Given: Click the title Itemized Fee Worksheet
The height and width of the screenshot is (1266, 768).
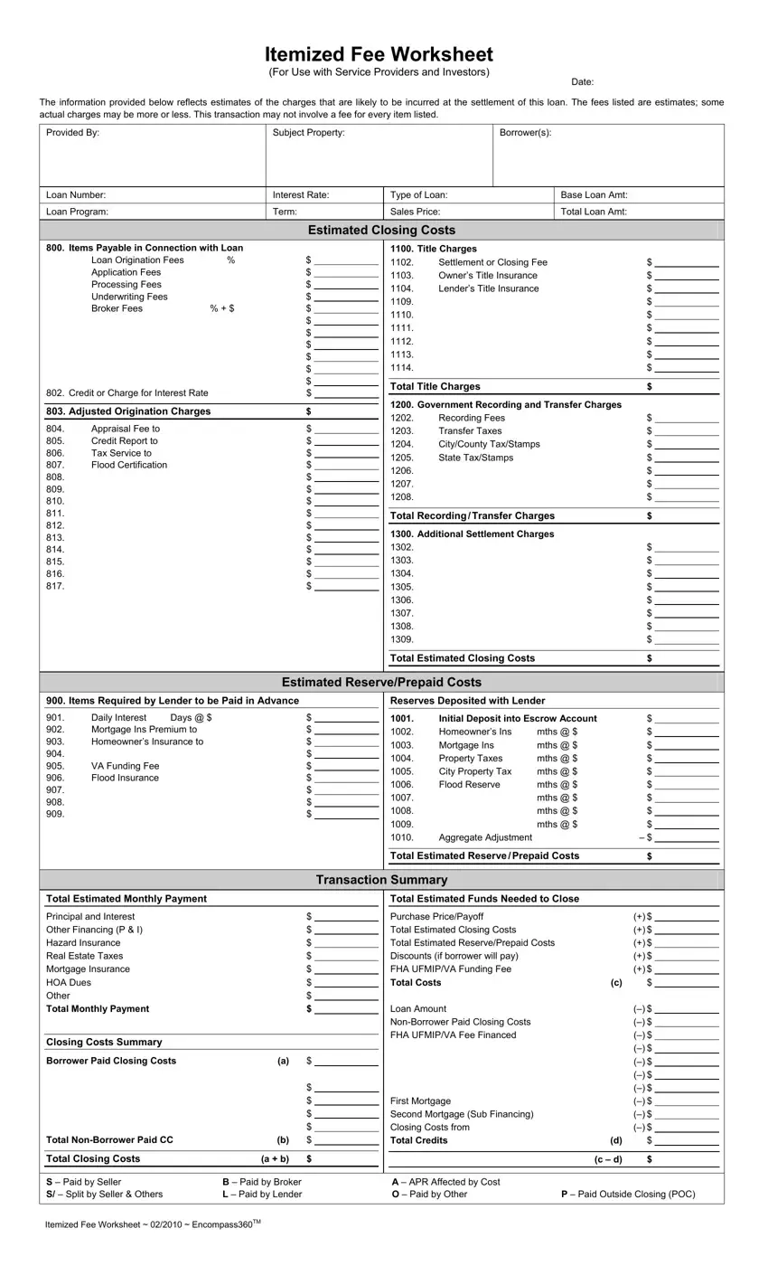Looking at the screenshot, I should pos(379,54).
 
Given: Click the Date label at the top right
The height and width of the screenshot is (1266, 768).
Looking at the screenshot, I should pos(582,82).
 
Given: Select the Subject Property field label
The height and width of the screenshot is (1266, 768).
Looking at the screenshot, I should pos(308,133).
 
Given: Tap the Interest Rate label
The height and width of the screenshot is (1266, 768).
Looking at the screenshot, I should pos(301,195).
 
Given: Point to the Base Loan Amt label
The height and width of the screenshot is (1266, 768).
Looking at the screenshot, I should pos(594,195).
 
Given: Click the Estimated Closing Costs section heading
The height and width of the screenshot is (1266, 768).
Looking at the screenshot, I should pos(381,231).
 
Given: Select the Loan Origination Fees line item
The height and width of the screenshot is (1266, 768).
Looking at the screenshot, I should pos(137,260).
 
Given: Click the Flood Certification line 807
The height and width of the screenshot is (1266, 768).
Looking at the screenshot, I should pos(128,465).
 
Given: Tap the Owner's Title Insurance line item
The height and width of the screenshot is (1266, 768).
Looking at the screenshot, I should pos(487,276).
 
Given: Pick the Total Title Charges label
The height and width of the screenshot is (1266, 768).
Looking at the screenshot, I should pos(435,386).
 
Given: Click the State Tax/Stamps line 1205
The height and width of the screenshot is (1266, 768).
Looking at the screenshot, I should pos(475,458).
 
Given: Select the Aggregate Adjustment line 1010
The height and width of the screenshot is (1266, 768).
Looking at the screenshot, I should pos(485,837).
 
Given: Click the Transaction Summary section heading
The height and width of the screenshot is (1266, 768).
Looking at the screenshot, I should pos(381,880).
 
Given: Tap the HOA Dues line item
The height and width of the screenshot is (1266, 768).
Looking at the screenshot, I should pos(69,982).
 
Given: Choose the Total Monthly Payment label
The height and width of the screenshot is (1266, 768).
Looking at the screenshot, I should pos(98,1009).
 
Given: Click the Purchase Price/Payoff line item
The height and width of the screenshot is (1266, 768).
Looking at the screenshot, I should pos(436,916).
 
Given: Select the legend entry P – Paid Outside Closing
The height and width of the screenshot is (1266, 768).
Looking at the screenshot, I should pos(628,1195).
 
